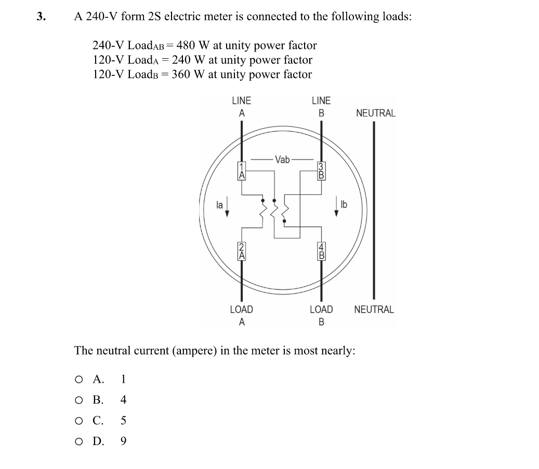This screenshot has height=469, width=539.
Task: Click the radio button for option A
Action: coord(78,379)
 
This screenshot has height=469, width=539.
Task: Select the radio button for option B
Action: coord(78,400)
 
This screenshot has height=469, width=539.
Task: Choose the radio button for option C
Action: coord(78,421)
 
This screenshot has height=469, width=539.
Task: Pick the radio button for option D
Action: coord(78,441)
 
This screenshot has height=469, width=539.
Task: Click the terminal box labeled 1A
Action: coord(241,171)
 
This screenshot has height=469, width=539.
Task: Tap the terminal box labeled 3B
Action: coord(321,171)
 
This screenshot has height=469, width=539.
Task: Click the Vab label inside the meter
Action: coord(282,159)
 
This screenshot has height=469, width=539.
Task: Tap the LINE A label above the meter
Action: coord(241,106)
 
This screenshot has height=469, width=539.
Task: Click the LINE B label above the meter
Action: coord(321,106)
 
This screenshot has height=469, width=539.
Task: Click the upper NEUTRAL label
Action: coord(375,113)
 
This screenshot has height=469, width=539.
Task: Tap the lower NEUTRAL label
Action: coord(374,309)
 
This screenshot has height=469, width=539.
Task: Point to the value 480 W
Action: coord(193,45)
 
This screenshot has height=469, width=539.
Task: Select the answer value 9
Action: coord(123,441)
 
